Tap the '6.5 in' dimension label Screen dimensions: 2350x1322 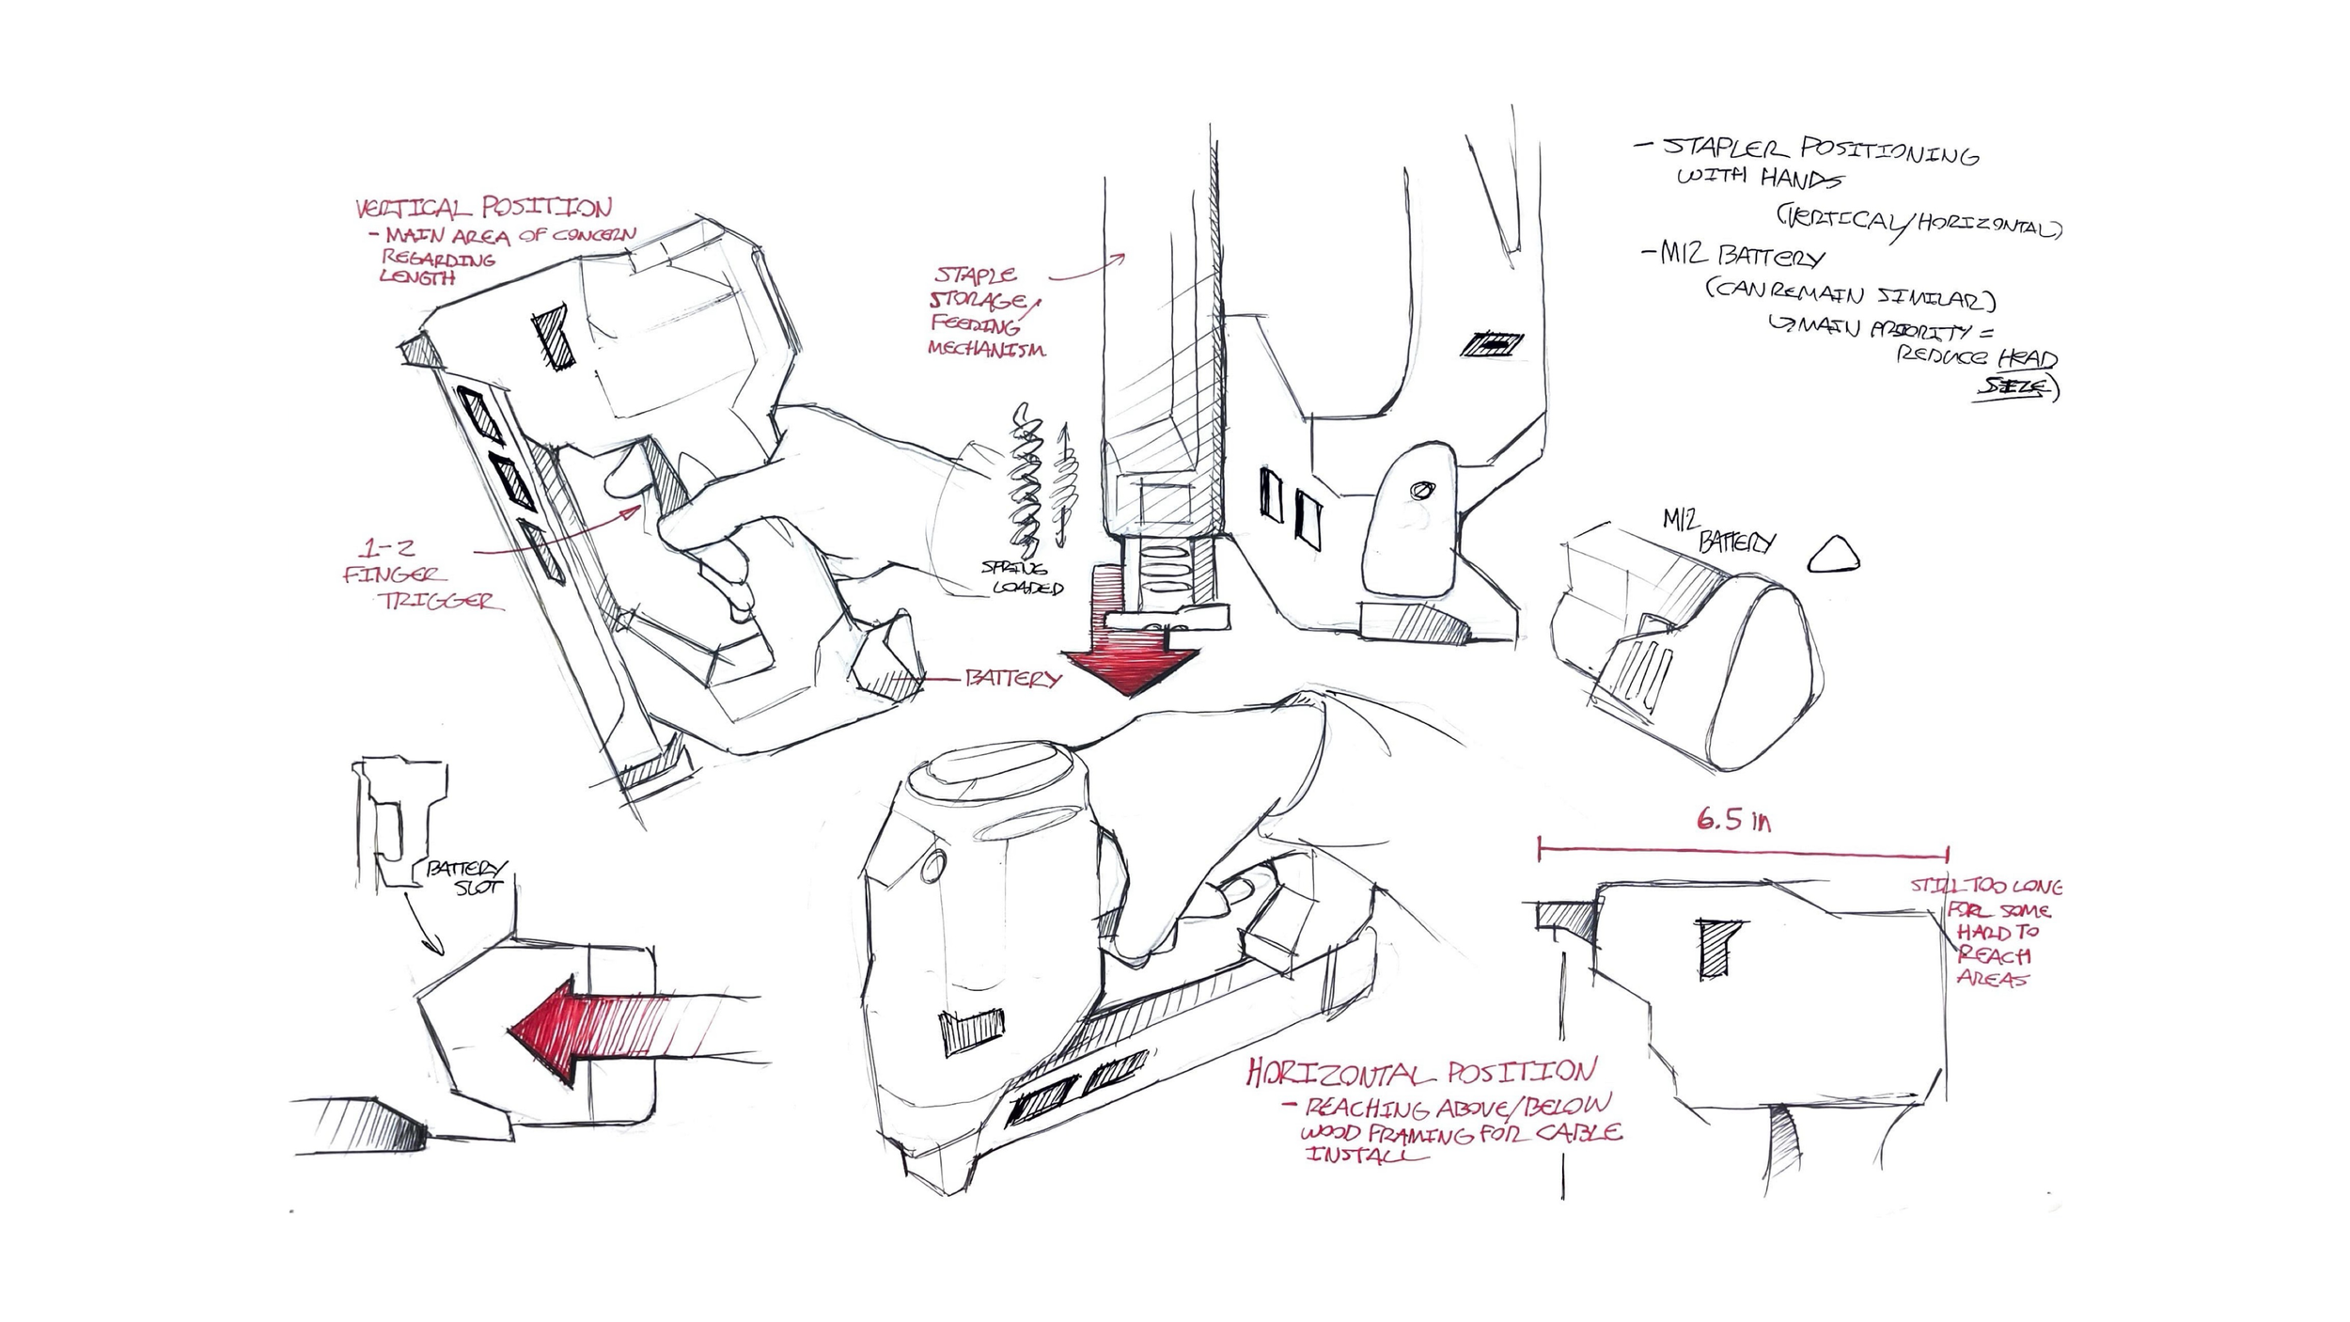[x=1733, y=821]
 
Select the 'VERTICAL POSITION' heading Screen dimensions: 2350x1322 [x=483, y=207]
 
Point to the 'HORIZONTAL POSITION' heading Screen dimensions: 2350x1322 [x=1420, y=1072]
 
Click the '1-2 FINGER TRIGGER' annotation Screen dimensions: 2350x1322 [x=418, y=574]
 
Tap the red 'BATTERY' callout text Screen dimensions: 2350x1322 [x=1012, y=678]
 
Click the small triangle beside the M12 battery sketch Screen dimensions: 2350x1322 [x=1833, y=556]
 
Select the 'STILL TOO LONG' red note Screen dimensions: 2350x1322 [x=1985, y=886]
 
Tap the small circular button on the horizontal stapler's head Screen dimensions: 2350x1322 [x=932, y=866]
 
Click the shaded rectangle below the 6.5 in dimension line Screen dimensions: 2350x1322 [x=1718, y=948]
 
